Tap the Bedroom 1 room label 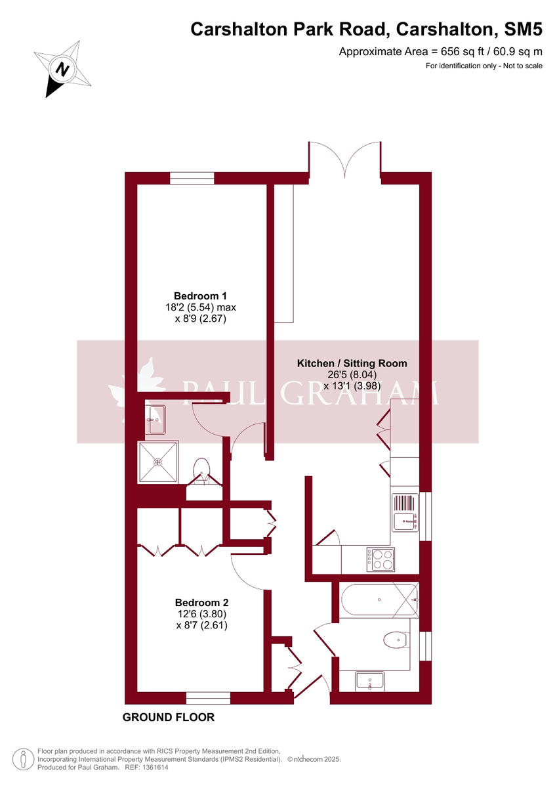click(200, 295)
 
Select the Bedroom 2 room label click(201, 602)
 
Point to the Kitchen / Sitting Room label click(352, 363)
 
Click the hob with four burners click(381, 559)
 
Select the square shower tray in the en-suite click(157, 462)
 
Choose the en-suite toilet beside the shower click(202, 468)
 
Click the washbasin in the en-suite click(156, 420)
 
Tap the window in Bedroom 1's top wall click(192, 178)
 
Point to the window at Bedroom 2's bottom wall click(207, 697)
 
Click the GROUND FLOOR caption click(169, 717)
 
